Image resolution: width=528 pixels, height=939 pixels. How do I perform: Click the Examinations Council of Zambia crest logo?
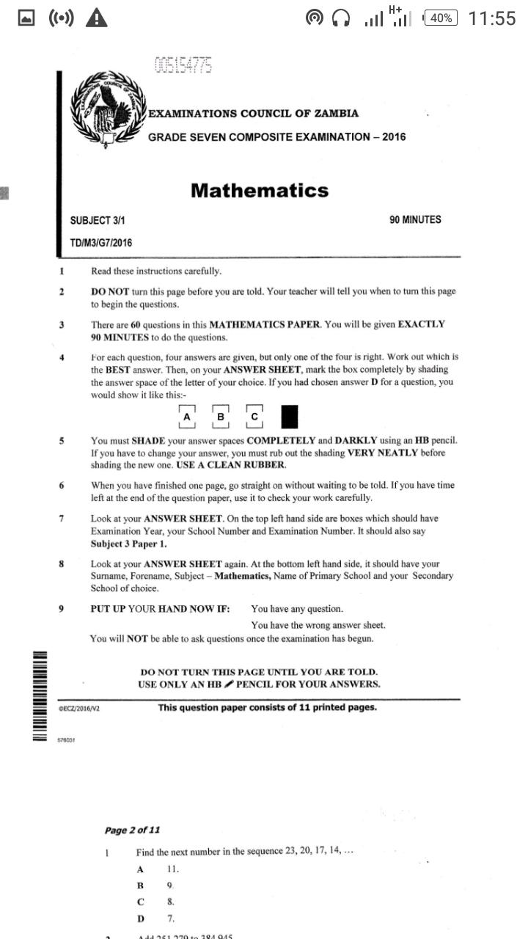click(109, 110)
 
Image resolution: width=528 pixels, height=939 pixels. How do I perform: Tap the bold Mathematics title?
click(260, 191)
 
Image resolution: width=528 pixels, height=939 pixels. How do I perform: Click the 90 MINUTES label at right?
click(415, 219)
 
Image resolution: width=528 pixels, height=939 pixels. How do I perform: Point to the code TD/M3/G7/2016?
click(101, 242)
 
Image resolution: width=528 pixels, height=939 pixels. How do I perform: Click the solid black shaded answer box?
click(290, 417)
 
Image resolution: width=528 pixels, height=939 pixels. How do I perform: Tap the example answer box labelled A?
click(187, 417)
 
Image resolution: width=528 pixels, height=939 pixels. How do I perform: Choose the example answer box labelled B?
click(221, 417)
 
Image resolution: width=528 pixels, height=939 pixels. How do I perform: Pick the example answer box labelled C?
click(254, 417)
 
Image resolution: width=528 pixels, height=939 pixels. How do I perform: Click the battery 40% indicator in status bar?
click(441, 18)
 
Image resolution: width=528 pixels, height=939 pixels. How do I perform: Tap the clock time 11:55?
click(491, 18)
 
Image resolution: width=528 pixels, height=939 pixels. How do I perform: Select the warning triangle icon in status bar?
click(96, 18)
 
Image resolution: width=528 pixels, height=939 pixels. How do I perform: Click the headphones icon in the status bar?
click(341, 18)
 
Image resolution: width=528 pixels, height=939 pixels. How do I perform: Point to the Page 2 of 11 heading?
click(132, 830)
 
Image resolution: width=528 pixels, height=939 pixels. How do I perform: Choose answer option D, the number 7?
click(170, 918)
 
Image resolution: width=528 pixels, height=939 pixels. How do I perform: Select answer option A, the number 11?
click(172, 869)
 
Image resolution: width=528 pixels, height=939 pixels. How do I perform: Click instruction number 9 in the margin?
click(62, 609)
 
